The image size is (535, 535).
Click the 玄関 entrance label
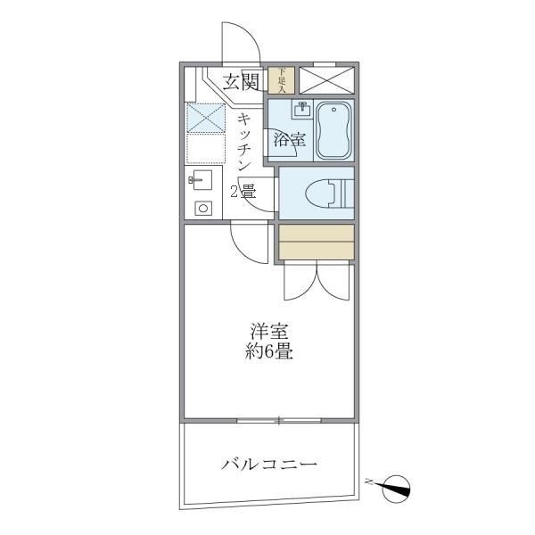pos(242,82)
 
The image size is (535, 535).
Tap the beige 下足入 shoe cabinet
pos(281,80)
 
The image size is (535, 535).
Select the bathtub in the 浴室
pos(333,130)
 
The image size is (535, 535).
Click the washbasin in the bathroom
pos(302,109)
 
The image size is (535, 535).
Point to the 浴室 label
pos(290,140)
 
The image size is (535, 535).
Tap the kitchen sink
pos(201,180)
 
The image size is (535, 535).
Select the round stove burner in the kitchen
pos(203,208)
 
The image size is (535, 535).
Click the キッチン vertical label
pos(244,143)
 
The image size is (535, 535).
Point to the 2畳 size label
pos(243,192)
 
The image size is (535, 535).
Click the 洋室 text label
pos(269,330)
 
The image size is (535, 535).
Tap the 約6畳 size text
pos(269,351)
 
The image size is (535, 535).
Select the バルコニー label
pos(269,465)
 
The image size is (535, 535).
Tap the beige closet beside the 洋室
pos(317,242)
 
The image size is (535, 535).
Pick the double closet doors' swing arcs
pos(317,281)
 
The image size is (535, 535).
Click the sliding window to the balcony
pos(279,420)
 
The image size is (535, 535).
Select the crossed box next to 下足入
pos(327,80)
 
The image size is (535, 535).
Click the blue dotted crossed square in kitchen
pos(206,118)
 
